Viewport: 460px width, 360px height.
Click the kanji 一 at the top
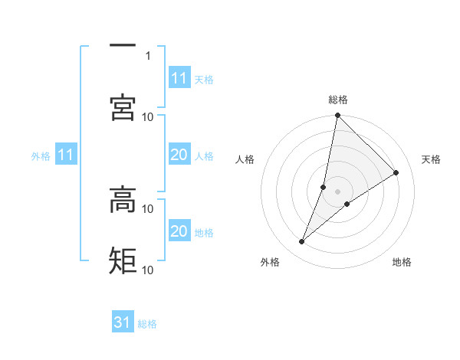point(123,47)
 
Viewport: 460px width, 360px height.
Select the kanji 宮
point(123,107)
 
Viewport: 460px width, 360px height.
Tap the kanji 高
point(123,200)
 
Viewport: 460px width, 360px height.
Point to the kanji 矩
point(123,260)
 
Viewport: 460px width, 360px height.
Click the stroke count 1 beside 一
point(148,55)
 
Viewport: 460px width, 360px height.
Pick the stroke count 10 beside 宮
point(148,116)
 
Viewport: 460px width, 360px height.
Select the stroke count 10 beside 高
point(148,208)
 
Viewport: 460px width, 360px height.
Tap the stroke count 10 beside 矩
point(148,270)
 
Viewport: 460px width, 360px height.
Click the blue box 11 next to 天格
point(179,78)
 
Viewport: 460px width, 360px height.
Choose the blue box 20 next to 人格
point(179,155)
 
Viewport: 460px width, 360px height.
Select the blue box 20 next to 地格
point(179,231)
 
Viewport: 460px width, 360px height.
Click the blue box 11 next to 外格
point(66,155)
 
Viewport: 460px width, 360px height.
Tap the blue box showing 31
point(123,322)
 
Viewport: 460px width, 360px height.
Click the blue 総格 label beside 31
point(147,324)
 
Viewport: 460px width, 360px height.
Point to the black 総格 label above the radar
point(338,100)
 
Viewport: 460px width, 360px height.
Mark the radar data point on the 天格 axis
point(396,173)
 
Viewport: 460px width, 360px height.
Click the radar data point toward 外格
point(302,242)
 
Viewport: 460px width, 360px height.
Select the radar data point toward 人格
point(324,187)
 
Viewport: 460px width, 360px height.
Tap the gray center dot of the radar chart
point(338,191)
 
